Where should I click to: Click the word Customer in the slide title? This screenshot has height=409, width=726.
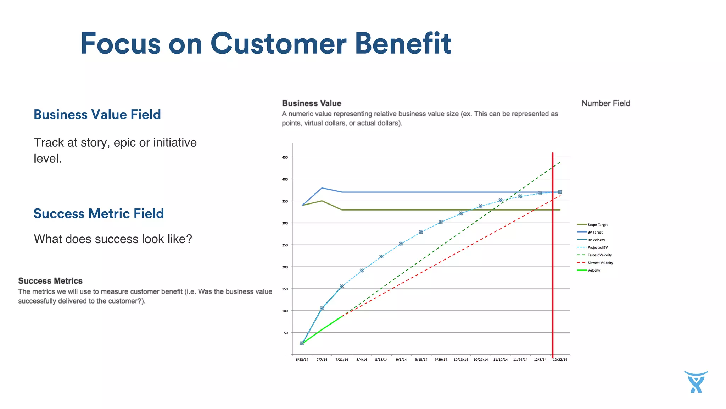[278, 44]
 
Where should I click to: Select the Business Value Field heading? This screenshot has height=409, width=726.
[97, 115]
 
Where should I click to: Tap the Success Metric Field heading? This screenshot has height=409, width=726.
[99, 214]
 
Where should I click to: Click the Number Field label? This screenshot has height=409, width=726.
[605, 103]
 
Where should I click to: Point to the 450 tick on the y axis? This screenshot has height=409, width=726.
[285, 157]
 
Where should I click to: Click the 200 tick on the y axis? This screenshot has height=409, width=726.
[285, 267]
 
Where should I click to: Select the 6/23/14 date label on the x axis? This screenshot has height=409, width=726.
[302, 360]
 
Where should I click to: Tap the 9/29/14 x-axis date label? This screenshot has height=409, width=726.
[441, 360]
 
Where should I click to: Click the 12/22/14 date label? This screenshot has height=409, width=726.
[560, 360]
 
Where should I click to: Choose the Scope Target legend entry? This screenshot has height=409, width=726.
[597, 225]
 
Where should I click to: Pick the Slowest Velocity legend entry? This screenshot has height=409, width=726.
[600, 263]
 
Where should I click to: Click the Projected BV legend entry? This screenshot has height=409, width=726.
[597, 248]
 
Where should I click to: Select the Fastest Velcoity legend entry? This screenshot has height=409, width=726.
[599, 255]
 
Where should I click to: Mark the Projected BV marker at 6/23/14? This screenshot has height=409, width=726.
[302, 343]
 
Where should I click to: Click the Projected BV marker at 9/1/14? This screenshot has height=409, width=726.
[401, 244]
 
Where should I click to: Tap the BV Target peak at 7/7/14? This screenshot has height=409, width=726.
[322, 188]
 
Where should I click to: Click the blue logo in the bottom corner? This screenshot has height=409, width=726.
[696, 382]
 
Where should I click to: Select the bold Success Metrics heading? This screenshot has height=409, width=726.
[50, 281]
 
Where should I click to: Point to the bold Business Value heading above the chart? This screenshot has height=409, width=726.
[312, 103]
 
